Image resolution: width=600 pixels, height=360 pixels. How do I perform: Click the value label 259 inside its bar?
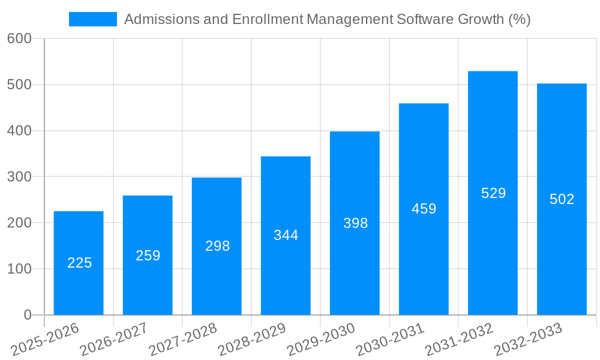tap(148, 256)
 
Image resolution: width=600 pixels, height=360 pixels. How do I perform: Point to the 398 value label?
tap(355, 223)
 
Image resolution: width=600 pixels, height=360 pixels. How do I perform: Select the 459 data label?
tap(424, 209)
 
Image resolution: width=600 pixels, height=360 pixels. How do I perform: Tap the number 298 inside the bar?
tap(217, 246)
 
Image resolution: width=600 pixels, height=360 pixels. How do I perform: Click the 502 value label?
tap(562, 199)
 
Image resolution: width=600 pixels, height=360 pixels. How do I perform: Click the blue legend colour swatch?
tap(93, 19)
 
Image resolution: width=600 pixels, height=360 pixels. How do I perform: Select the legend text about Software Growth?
tap(327, 19)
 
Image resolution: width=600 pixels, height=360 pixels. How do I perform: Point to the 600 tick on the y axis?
tap(19, 38)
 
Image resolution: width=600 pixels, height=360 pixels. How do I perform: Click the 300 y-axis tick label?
tap(19, 177)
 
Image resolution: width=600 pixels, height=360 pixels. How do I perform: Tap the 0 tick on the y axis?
tap(27, 315)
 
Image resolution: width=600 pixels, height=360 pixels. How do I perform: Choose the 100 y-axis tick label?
tap(19, 269)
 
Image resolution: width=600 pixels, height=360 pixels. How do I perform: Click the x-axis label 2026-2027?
tap(115, 340)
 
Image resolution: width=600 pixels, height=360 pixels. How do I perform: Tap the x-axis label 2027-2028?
tap(184, 340)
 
